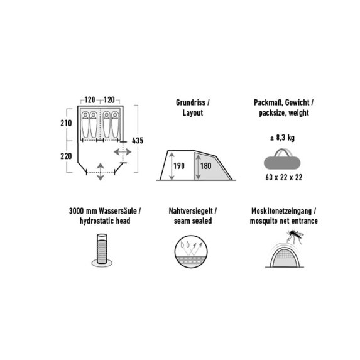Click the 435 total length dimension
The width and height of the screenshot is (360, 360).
tap(138, 141)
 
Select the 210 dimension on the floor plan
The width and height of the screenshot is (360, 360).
tap(66, 123)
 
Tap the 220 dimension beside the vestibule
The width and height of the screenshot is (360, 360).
tap(66, 156)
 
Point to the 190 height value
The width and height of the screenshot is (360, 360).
tap(179, 166)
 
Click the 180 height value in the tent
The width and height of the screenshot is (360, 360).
tap(205, 166)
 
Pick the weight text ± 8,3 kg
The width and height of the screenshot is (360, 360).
tap(282, 138)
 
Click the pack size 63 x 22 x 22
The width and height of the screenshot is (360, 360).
tap(284, 177)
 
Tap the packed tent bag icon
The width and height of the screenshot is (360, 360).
tap(282, 159)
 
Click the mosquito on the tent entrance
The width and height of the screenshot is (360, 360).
tap(295, 235)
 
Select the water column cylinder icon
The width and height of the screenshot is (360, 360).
tap(102, 250)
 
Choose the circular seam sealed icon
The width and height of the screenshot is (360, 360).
tap(191, 252)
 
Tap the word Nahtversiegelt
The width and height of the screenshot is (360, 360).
tap(191, 210)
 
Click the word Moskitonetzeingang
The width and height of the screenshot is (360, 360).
tap(281, 211)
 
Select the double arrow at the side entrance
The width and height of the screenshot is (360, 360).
tap(123, 152)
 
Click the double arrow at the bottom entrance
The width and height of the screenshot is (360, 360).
tap(101, 172)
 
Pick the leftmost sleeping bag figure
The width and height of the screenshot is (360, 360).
tap(85, 124)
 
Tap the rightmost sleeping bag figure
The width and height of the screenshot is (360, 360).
tap(115, 124)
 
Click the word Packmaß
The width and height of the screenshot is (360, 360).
tap(267, 102)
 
